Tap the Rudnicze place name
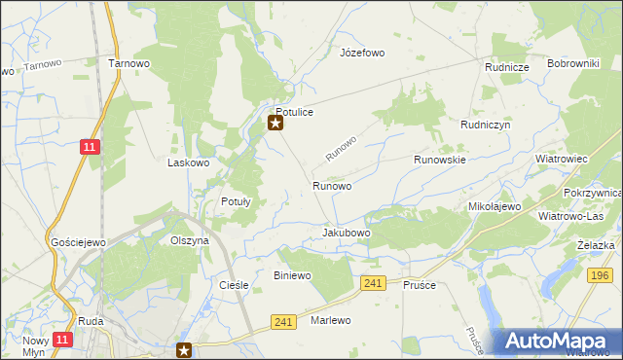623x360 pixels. click(507, 67)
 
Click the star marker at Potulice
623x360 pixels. click(275, 123)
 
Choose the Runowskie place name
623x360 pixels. click(440, 159)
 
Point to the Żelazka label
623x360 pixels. click(595, 245)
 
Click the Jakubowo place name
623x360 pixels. click(347, 234)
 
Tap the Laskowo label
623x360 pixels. click(189, 163)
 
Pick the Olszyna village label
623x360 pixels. click(190, 240)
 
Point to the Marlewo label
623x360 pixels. click(330, 320)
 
